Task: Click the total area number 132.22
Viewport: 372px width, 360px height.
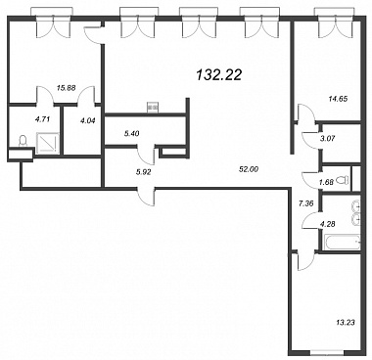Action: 219,75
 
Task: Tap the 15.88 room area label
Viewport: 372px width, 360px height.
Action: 65,88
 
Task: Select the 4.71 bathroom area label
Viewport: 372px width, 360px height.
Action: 42,119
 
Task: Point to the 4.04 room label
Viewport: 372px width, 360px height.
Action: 87,120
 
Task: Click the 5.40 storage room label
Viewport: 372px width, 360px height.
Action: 132,133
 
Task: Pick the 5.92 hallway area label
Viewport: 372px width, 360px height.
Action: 144,172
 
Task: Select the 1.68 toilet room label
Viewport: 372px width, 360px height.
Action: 327,182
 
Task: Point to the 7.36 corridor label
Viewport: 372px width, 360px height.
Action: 306,203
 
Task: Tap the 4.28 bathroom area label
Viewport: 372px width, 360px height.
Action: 328,224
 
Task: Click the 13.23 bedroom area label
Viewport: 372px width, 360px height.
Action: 346,323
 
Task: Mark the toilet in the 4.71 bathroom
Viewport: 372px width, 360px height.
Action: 23,142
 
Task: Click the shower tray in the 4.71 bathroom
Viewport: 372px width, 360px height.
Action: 48,143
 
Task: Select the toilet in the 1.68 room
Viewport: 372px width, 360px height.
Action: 343,179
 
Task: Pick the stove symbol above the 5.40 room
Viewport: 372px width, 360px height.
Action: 153,107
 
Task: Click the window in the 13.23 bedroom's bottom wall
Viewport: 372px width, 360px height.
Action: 327,352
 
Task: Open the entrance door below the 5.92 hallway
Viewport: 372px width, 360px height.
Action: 146,197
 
